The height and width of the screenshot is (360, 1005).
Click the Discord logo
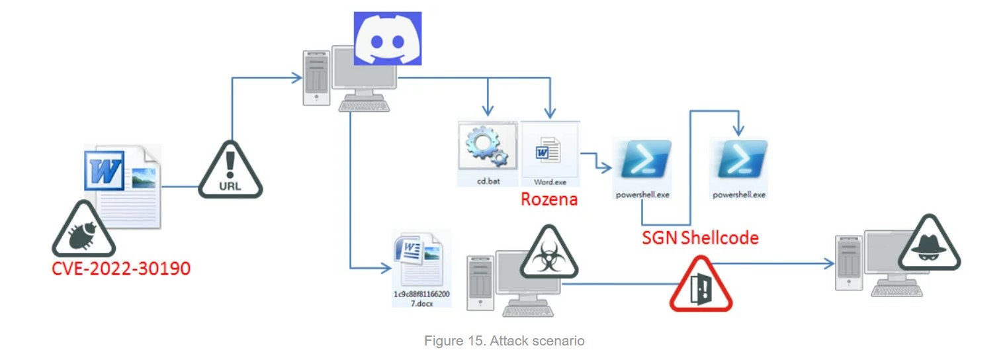click(387, 38)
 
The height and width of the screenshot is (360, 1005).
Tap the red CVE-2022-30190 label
click(121, 269)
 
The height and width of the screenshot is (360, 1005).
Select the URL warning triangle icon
click(230, 170)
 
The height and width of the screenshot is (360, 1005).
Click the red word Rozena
click(548, 199)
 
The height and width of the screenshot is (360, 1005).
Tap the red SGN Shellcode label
click(700, 237)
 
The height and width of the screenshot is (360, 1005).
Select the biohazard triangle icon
click(548, 252)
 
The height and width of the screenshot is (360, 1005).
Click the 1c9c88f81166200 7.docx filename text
click(421, 297)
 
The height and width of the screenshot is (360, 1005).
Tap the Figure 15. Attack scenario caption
click(504, 341)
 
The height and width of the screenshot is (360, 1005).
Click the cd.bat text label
click(488, 181)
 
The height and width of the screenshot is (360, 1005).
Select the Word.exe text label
click(550, 181)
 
